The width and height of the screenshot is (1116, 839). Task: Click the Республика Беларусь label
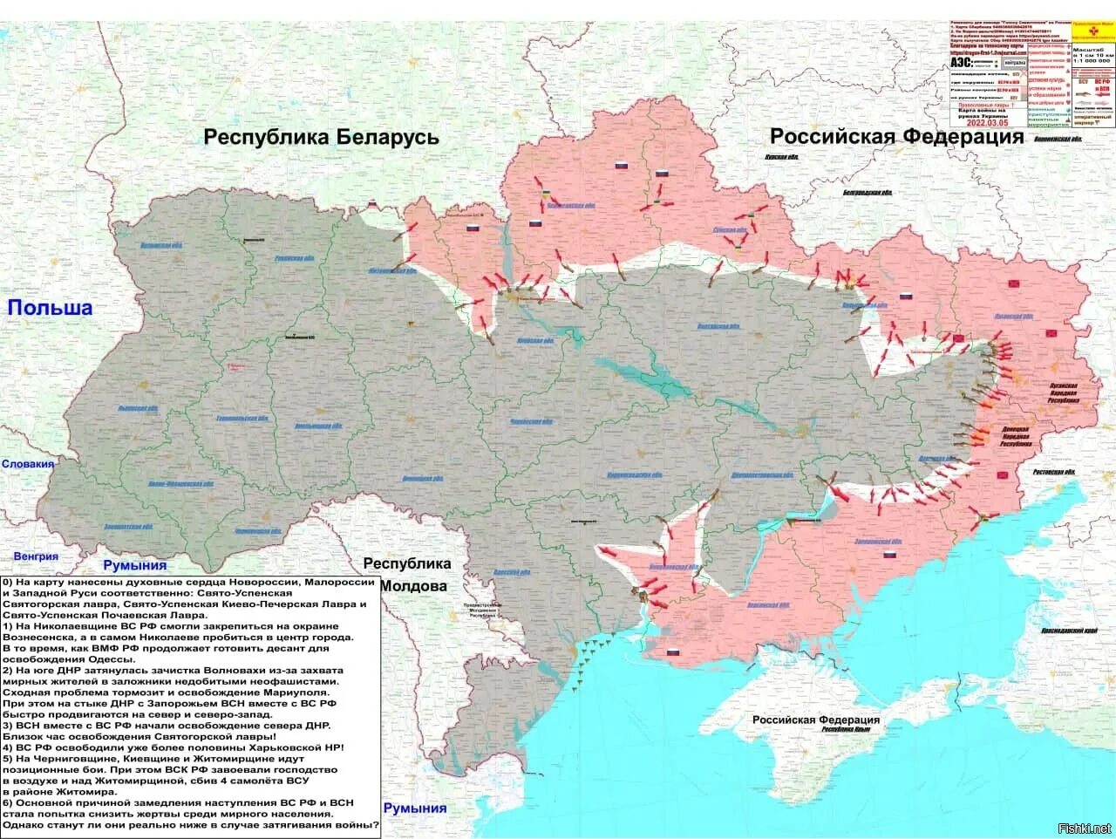(321, 137)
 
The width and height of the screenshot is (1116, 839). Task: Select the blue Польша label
(50, 307)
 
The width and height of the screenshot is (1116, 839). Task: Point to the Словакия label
(28, 464)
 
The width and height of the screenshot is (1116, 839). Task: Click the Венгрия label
(36, 556)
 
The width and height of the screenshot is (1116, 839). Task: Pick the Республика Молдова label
(407, 575)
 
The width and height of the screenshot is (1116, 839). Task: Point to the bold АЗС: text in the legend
(962, 63)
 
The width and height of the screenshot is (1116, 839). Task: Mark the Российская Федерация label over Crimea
(816, 720)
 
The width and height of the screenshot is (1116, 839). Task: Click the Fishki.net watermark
(1084, 828)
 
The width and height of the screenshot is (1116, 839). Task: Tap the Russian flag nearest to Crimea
(672, 653)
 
